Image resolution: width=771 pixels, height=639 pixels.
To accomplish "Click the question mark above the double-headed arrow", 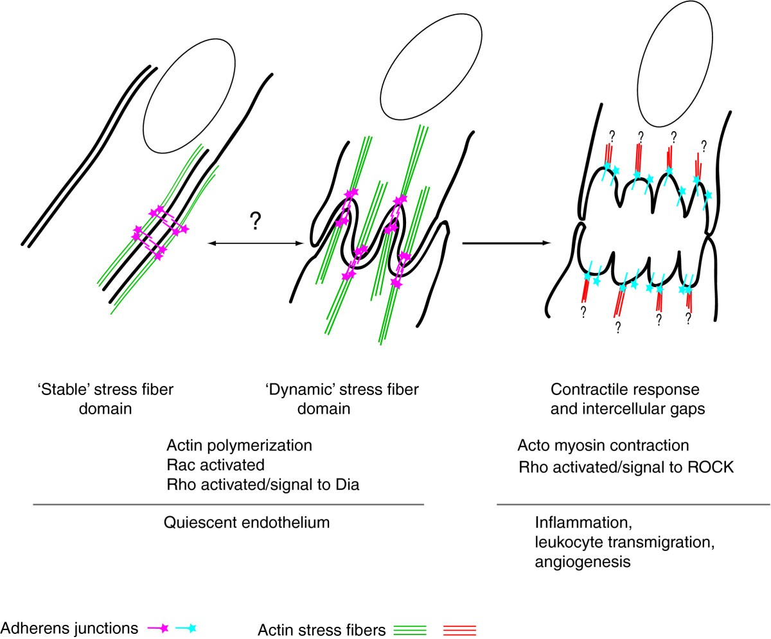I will pos(256,222).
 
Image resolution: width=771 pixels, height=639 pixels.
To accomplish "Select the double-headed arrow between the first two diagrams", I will pos(256,243).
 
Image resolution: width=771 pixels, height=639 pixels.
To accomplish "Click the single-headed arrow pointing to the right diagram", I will pos(506,243).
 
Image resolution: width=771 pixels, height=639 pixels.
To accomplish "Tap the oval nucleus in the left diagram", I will pos(185,107).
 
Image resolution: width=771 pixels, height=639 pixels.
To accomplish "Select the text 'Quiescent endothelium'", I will pos(247,522).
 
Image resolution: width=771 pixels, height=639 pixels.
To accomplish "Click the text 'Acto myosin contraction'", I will pos(603,445).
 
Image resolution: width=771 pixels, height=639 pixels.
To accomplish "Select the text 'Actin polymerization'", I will pos(230,445).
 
